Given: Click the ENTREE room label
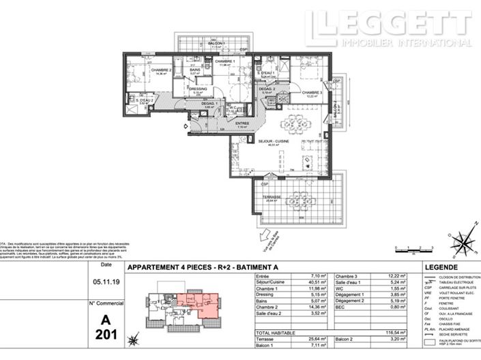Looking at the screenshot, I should click(x=242, y=123).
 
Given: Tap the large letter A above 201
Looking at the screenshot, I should click(x=106, y=318).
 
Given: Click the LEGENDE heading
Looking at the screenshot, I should click(x=442, y=267).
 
